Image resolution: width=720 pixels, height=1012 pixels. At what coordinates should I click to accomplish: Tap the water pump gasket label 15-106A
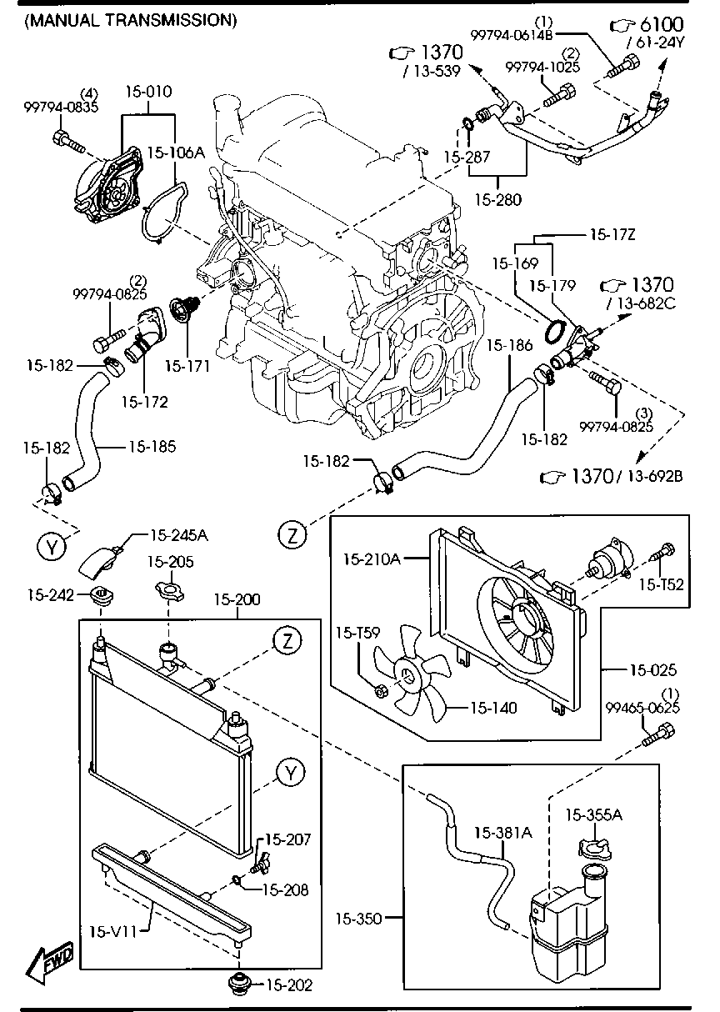[176, 153]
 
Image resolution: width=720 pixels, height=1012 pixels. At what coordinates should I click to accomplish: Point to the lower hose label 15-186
[509, 345]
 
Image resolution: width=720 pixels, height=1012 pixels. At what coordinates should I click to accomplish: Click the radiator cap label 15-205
[170, 562]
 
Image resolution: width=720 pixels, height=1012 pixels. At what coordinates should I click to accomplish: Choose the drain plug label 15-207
[287, 839]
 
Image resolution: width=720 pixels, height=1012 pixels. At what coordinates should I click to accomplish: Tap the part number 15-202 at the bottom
[289, 985]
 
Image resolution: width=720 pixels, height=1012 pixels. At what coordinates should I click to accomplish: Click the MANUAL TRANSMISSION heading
[131, 20]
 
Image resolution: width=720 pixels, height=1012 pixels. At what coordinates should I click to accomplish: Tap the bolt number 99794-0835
[61, 107]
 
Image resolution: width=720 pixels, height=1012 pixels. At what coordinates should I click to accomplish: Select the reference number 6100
[662, 24]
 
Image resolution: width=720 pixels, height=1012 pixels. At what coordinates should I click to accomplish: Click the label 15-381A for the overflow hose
[503, 832]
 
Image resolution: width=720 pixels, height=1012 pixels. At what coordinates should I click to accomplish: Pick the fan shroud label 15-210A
[372, 559]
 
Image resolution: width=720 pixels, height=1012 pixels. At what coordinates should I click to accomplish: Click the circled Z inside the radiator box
[287, 641]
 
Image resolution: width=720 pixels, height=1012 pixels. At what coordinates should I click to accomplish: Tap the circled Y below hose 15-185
[52, 547]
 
